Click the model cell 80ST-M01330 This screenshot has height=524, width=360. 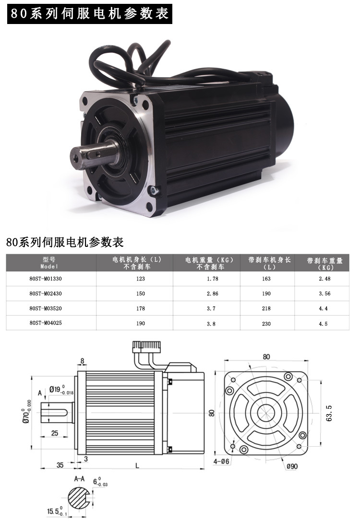[x=46, y=279]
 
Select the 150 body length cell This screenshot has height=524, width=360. [x=141, y=293]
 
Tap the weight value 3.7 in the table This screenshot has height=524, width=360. [x=211, y=308]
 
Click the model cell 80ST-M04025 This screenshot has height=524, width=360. [x=46, y=323]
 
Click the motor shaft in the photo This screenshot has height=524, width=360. [x=94, y=154]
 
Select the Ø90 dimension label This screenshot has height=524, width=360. [x=293, y=465]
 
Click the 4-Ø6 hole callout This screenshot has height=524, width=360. [x=222, y=461]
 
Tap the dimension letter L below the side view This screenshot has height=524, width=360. [x=138, y=465]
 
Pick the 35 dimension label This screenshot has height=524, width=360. [x=60, y=464]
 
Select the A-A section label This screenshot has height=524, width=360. [x=80, y=479]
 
